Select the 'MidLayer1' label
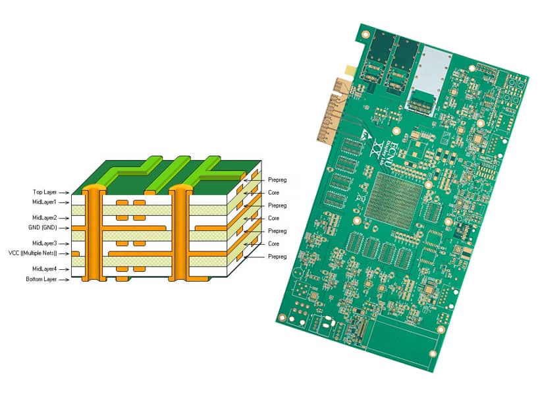(45, 202)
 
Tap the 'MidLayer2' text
(45, 218)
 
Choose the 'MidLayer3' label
(45, 244)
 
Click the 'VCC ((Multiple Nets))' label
(33, 253)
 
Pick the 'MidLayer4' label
(45, 269)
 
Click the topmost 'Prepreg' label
(277, 180)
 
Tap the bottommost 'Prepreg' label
(277, 256)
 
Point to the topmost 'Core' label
(273, 192)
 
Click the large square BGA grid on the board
(394, 197)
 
